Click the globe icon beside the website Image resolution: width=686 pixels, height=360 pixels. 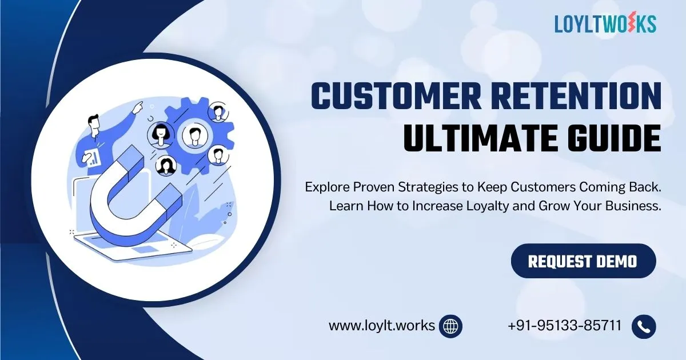coord(451,326)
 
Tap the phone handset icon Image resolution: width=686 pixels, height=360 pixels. coord(644,326)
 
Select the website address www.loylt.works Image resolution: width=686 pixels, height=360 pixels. coord(381,326)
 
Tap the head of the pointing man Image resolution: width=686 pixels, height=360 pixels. coord(94,122)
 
